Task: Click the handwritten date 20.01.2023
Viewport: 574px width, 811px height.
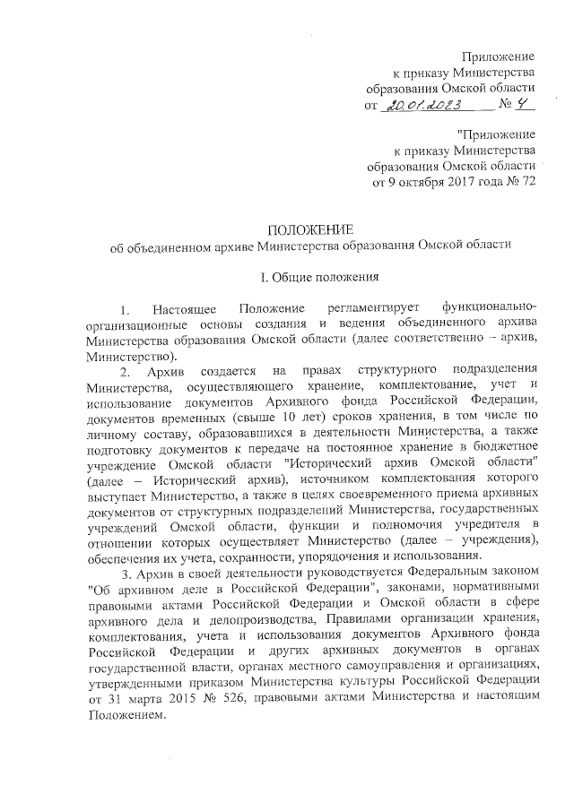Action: coord(425,106)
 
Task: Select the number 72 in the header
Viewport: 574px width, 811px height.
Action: coord(526,184)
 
